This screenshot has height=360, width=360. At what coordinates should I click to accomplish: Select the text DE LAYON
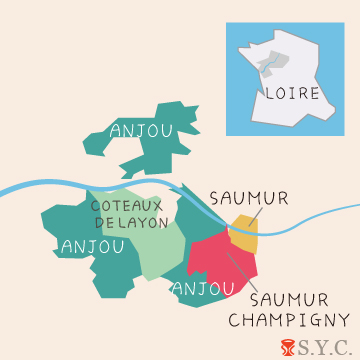(130, 222)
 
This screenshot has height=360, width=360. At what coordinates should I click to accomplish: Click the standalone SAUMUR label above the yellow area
(249, 198)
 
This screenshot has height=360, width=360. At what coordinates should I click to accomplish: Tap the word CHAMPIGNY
(289, 320)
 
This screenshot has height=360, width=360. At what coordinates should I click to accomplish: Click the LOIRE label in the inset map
(293, 93)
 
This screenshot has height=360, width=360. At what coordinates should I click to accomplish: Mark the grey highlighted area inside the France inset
(265, 70)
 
